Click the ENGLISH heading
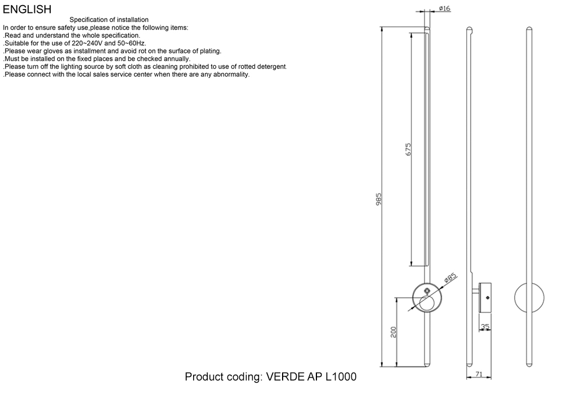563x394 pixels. pos(27,10)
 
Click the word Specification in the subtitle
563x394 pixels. pos(88,20)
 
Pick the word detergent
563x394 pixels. pos(271,67)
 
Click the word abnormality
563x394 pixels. pos(231,75)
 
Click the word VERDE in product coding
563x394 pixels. pos(285,377)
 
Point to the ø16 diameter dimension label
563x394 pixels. pos(445,8)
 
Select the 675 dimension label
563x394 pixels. pos(408,149)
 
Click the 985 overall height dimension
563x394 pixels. pos(378,199)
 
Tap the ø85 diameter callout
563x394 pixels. pos(450,277)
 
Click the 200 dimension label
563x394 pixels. pos(394,332)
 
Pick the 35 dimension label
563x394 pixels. pos(485,326)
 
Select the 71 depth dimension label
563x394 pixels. pos(479,374)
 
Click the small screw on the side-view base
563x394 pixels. pos(487,298)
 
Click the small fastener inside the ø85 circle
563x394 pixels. pos(427,290)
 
